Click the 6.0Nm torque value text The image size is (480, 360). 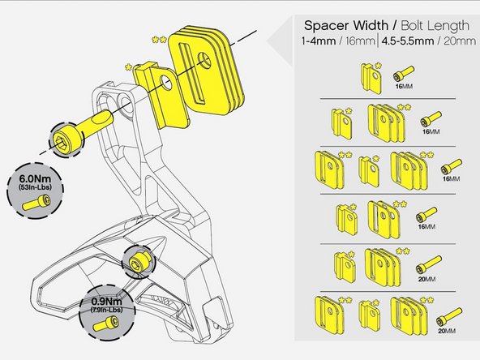tap(35, 178)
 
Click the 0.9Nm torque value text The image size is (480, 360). tap(107, 301)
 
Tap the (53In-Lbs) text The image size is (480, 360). tap(35, 187)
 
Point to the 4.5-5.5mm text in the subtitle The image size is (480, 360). tap(408, 41)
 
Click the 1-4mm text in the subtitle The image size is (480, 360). tap(319, 41)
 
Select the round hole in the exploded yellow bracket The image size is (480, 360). tap(167, 83)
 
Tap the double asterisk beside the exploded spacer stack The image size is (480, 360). tap(159, 40)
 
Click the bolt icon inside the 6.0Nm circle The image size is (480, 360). tap(36, 203)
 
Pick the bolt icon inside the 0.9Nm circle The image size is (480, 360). tap(105, 324)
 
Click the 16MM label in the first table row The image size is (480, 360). tap(404, 86)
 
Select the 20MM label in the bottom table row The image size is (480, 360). tap(447, 331)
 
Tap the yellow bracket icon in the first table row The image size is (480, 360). tap(371, 78)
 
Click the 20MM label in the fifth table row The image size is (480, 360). tap(426, 279)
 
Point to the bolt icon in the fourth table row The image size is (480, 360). tap(426, 214)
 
